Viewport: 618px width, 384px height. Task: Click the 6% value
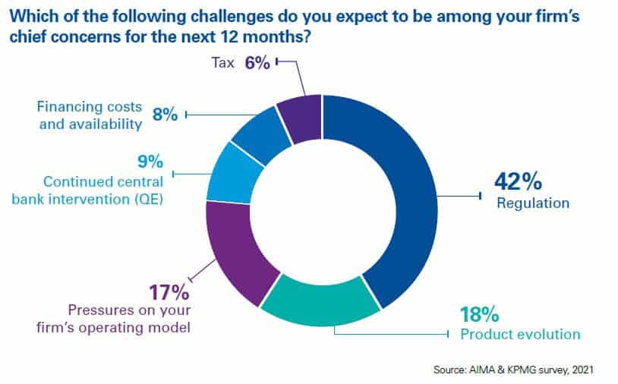pyautogui.click(x=257, y=64)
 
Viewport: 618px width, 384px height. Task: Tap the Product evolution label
pyautogui.click(x=521, y=334)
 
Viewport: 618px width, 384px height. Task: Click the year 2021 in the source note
pyautogui.click(x=576, y=370)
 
